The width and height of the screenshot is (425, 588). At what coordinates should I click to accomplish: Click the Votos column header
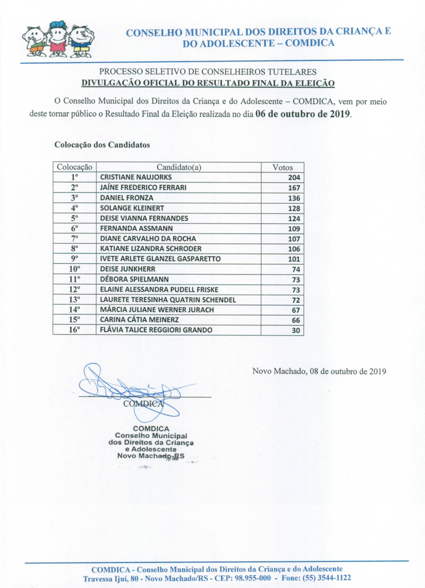(x=282, y=167)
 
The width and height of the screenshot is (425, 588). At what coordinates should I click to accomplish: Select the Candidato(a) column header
(x=178, y=167)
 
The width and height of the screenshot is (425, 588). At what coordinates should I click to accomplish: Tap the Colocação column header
(x=75, y=167)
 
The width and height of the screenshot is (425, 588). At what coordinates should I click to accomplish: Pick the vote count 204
(x=294, y=178)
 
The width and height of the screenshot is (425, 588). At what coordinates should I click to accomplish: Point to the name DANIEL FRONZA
(x=119, y=198)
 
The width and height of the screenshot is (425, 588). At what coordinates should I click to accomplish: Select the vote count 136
(x=294, y=198)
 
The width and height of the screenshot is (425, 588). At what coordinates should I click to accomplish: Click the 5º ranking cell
(x=75, y=218)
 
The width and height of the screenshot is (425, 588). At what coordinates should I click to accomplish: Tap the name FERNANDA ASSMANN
(x=129, y=228)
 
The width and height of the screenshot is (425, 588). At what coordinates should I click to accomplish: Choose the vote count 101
(x=294, y=259)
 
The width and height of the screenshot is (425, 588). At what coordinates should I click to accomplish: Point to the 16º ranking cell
(x=75, y=330)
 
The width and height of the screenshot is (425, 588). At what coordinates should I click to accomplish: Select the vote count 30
(x=296, y=331)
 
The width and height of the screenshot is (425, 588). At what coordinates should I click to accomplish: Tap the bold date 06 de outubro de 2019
(x=303, y=114)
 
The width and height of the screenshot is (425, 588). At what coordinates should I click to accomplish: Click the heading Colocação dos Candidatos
(x=102, y=144)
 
